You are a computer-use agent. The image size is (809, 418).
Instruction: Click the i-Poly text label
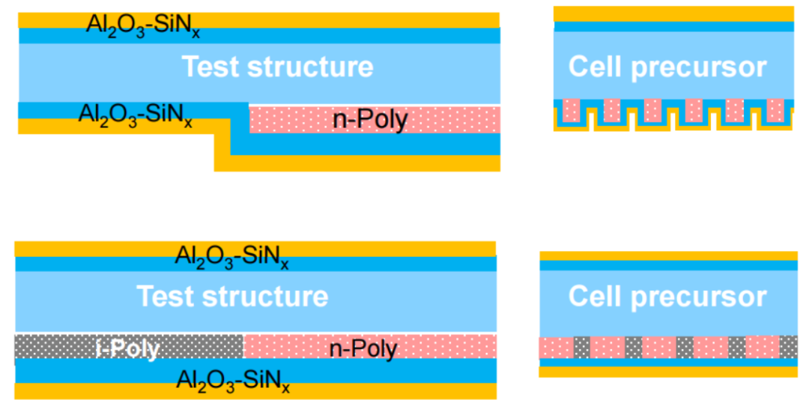tap(127, 348)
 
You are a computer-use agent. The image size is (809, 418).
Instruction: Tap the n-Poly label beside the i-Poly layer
tap(363, 348)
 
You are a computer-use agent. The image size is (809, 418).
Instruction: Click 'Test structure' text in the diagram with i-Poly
tap(232, 297)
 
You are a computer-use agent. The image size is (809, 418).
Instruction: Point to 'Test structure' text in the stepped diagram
tap(278, 67)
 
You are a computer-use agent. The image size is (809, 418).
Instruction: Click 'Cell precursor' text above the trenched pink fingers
tap(667, 67)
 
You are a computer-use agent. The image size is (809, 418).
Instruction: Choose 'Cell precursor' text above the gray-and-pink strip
tap(667, 297)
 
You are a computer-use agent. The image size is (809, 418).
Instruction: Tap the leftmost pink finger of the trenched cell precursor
tap(572, 109)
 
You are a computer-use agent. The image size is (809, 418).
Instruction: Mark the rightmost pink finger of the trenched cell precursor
tap(775, 109)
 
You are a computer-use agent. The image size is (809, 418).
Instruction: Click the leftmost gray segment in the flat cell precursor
tap(582, 348)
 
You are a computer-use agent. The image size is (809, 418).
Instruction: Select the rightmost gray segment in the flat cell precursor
tap(788, 348)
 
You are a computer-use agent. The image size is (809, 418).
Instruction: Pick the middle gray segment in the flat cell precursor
tap(685, 348)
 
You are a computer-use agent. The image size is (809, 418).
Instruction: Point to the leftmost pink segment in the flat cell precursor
tap(556, 348)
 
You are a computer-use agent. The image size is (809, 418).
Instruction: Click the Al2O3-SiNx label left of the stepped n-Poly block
tap(136, 115)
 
